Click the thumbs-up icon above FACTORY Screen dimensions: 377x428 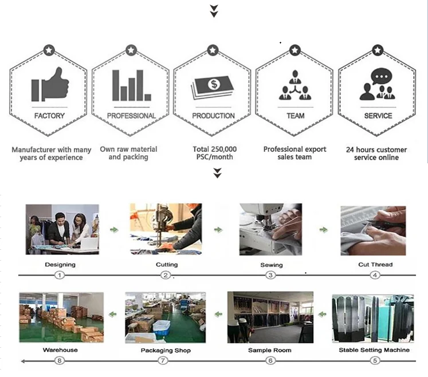[50, 85]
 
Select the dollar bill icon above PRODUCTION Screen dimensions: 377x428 [213, 86]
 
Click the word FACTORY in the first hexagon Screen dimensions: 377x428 [49, 116]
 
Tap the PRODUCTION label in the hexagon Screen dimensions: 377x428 [213, 116]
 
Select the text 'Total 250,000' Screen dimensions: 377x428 [214, 149]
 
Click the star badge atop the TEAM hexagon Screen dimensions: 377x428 [295, 50]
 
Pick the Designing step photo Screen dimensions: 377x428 [62, 229]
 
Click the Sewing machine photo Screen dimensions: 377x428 [270, 230]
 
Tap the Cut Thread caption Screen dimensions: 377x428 [375, 265]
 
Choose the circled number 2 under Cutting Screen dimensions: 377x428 [166, 276]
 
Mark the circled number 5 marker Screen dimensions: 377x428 [375, 360]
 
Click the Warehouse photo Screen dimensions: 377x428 [61, 317]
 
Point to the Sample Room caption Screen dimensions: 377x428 [269, 350]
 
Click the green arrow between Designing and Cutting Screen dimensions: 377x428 [115, 230]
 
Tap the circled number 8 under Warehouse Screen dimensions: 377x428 [60, 360]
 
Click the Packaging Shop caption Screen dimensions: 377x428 [166, 350]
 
